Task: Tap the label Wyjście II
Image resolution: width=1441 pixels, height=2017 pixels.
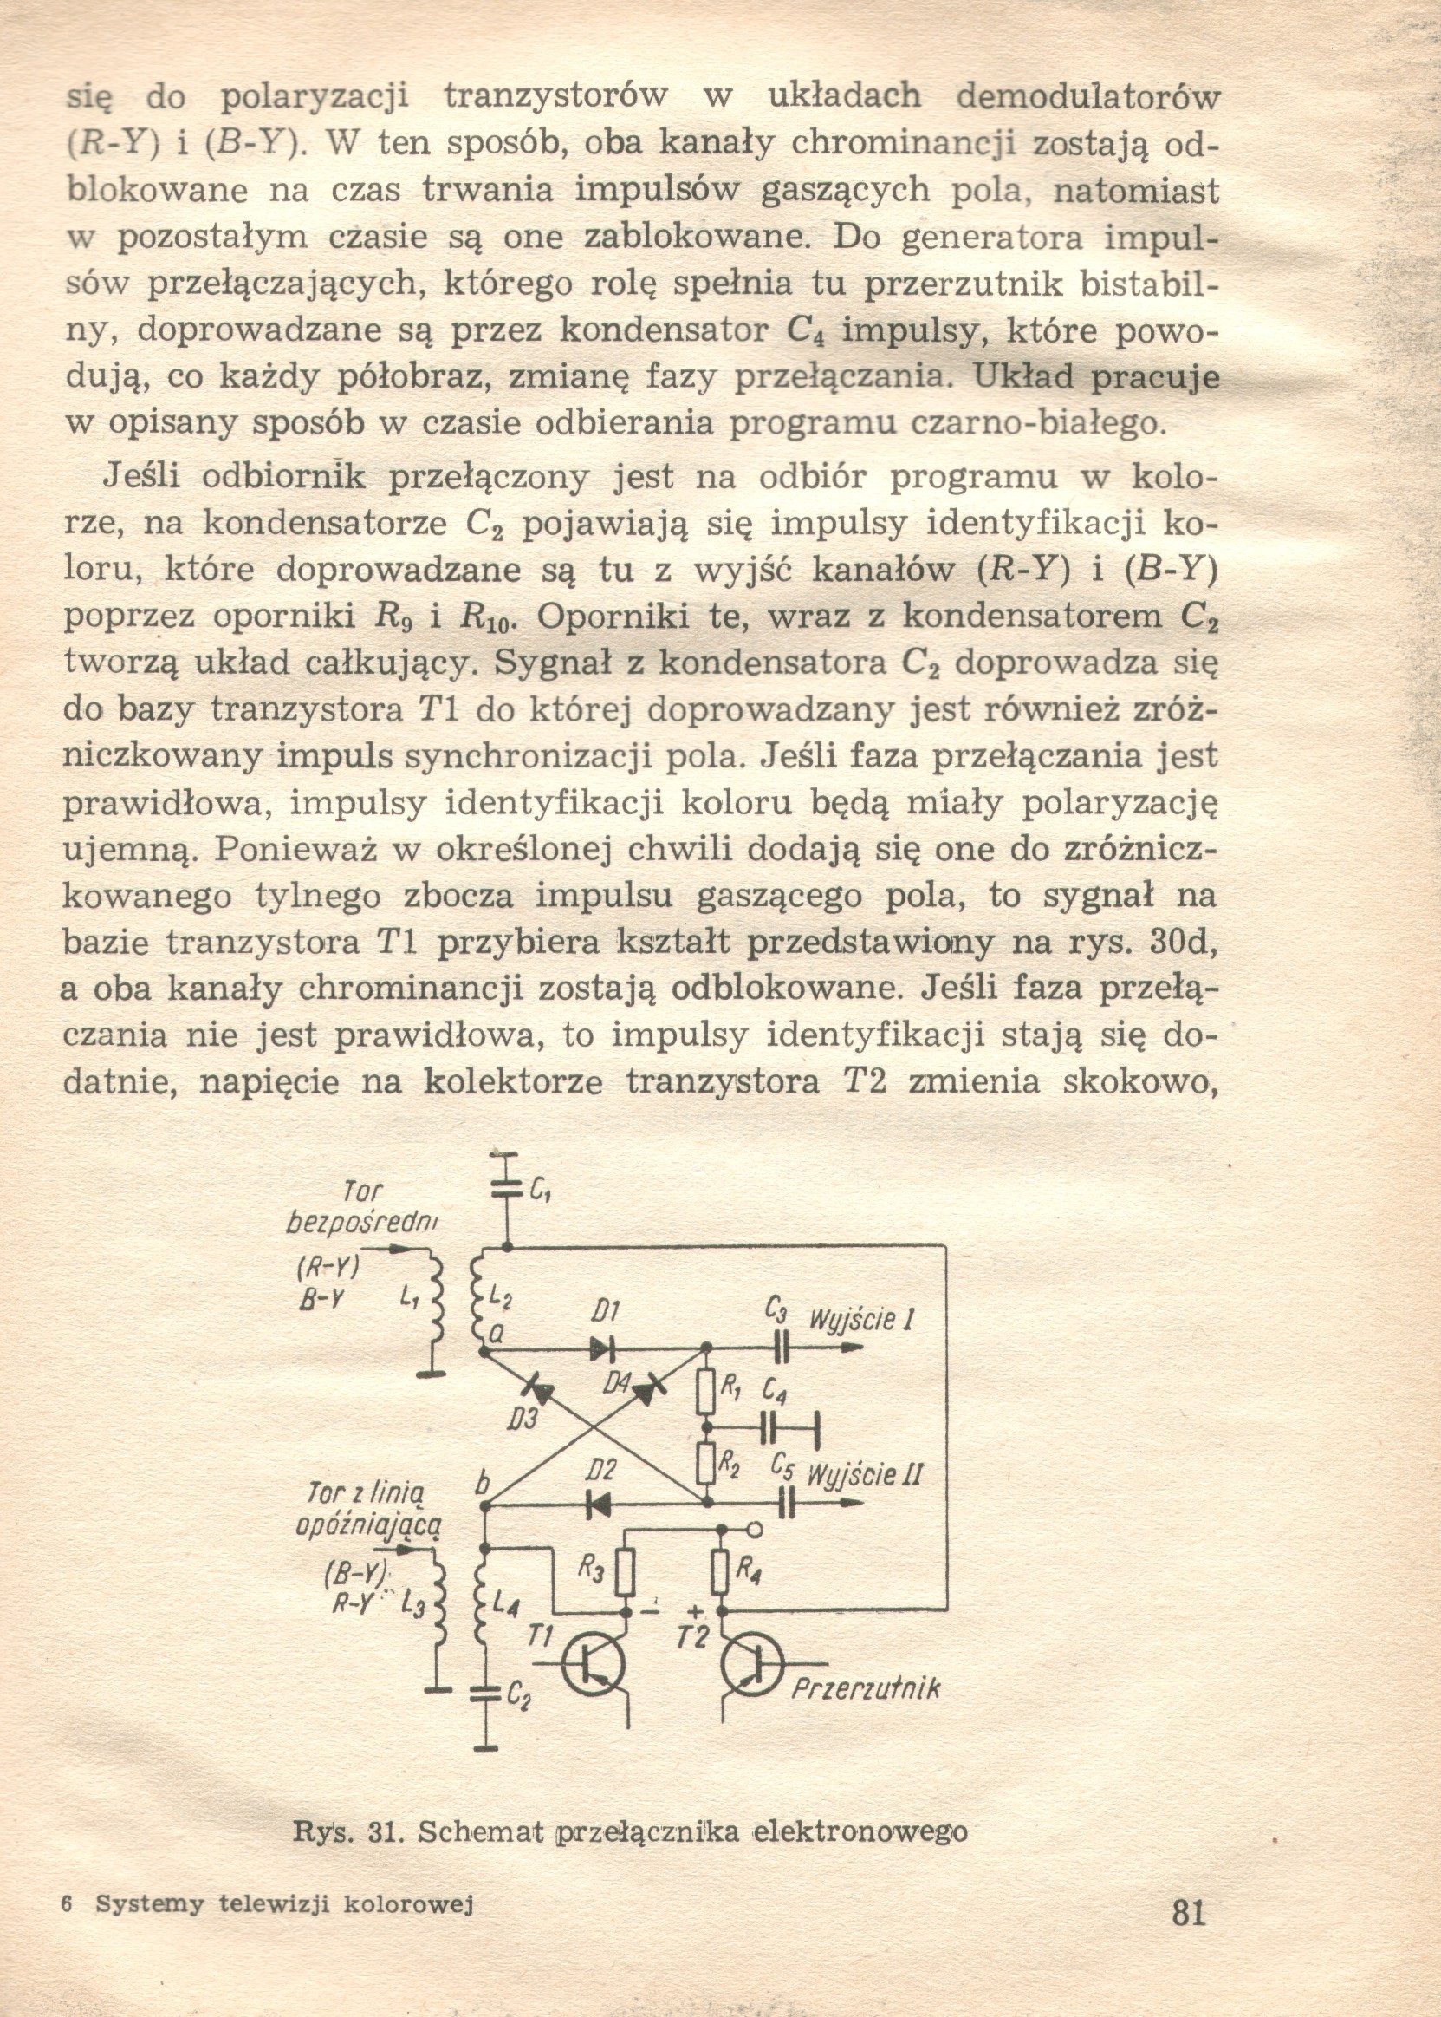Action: [864, 1474]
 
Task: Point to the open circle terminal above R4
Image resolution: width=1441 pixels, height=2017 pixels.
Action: [754, 1530]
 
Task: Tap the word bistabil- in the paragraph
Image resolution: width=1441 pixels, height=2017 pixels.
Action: [1148, 284]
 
